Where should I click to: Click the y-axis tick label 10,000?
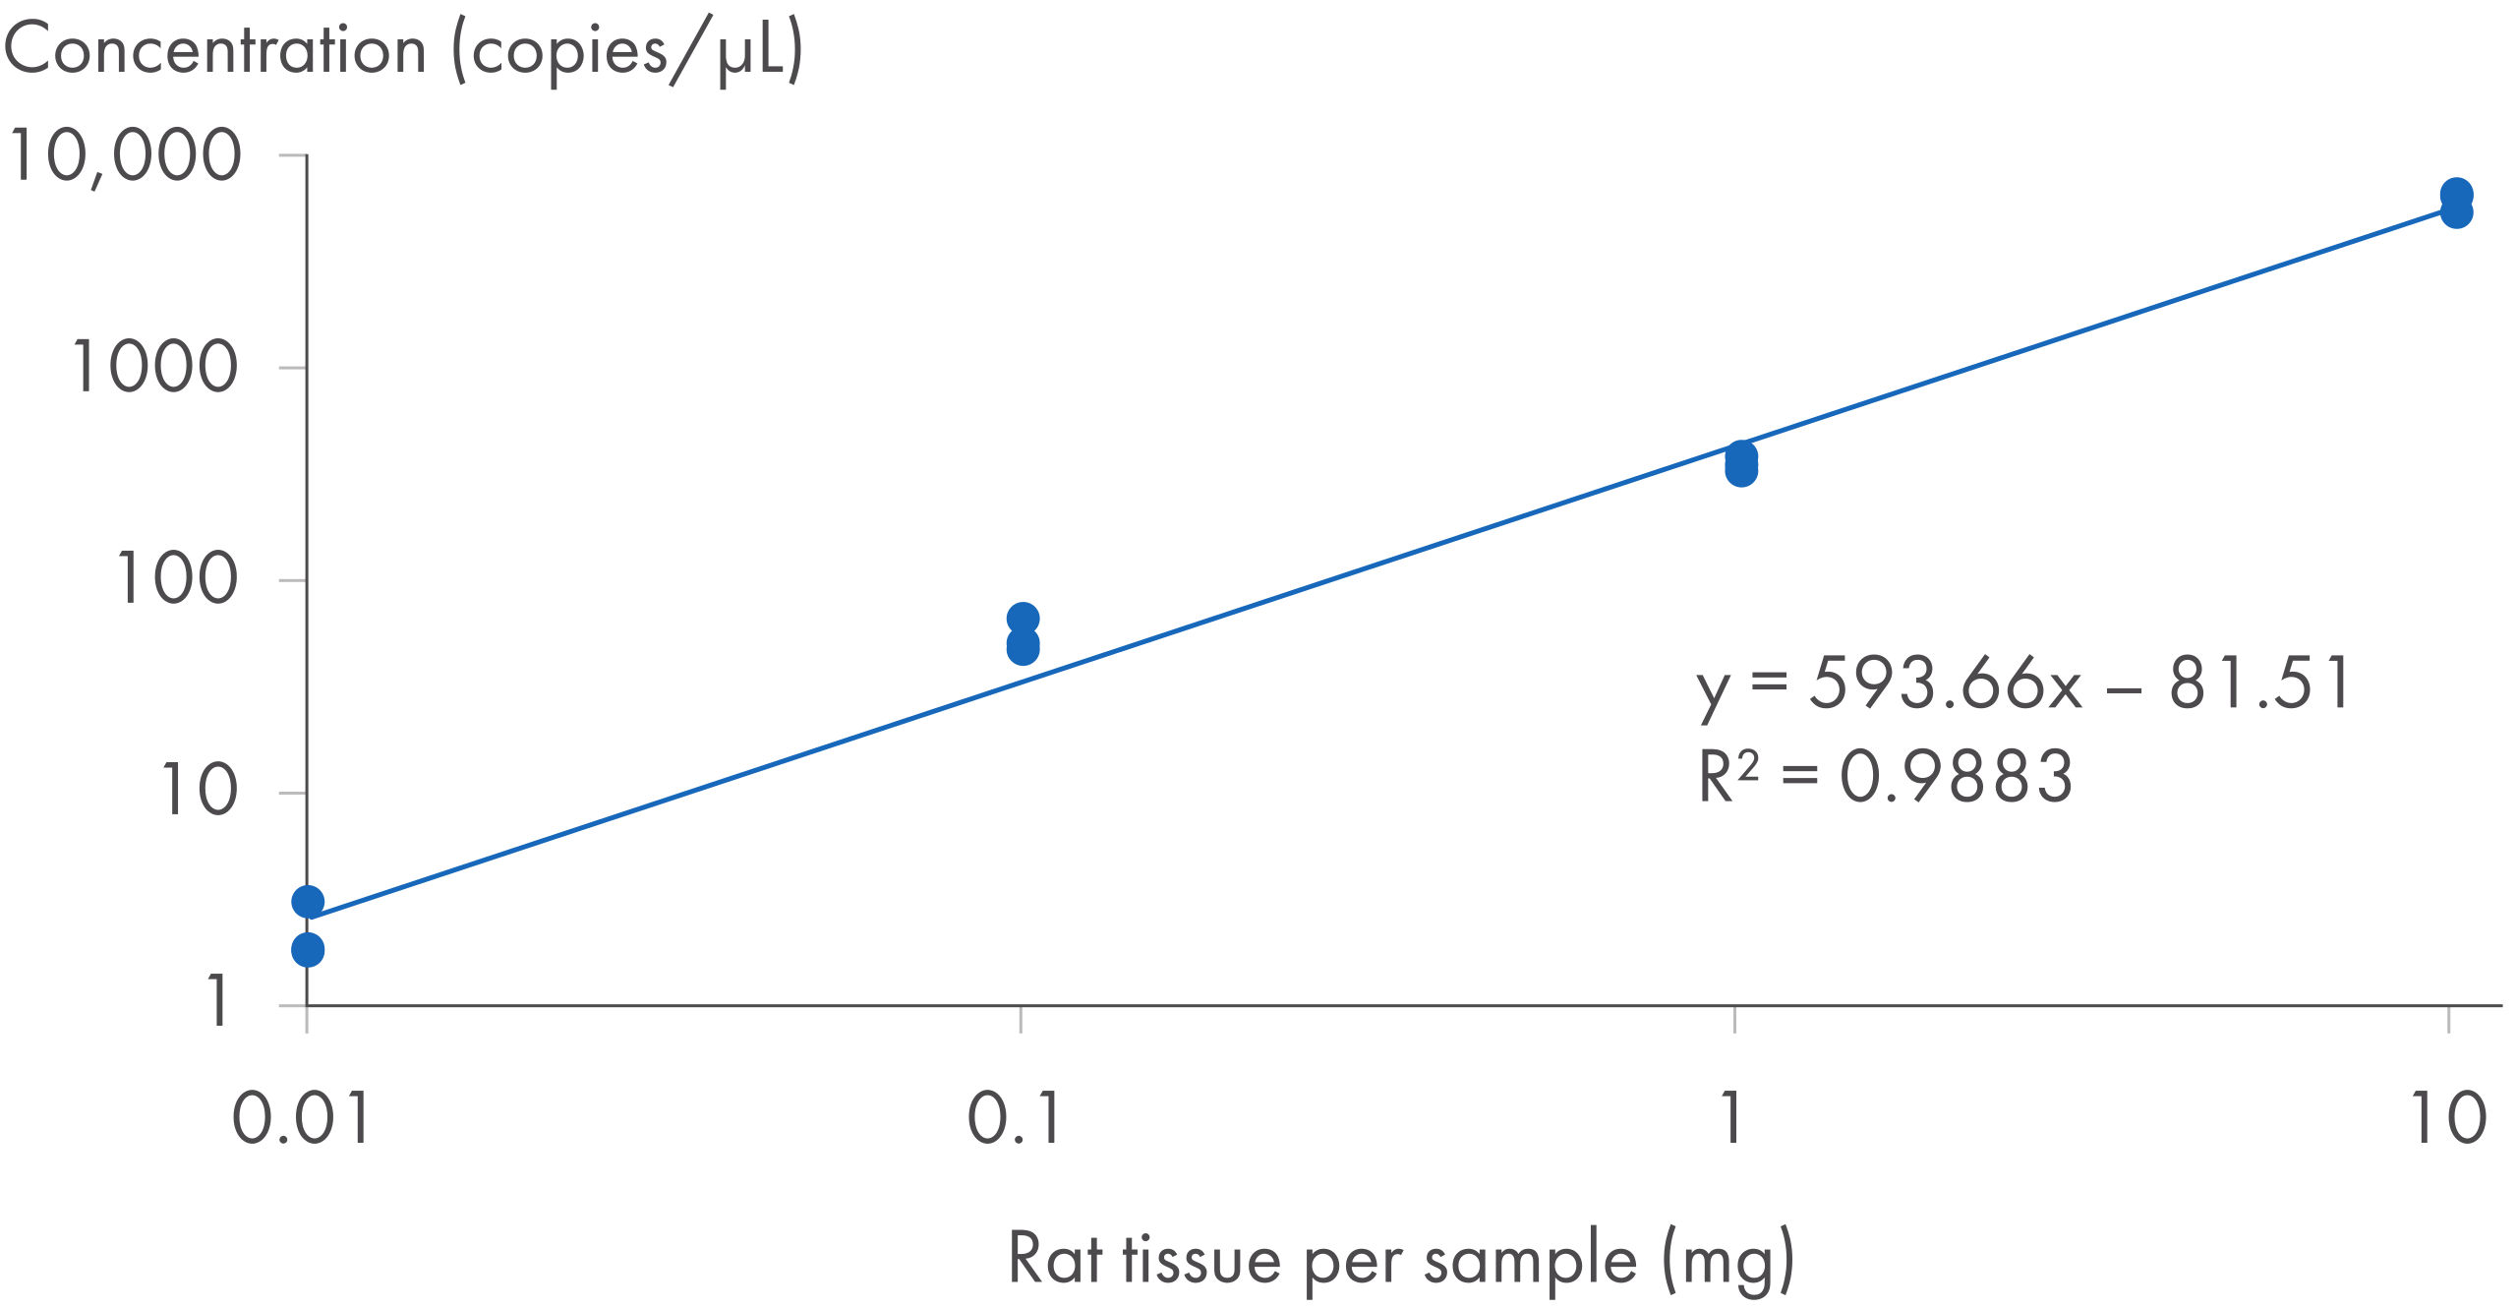[x=125, y=156]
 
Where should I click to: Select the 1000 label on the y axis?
[x=154, y=368]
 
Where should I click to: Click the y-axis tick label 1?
[x=218, y=1001]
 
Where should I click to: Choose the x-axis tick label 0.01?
[x=300, y=1119]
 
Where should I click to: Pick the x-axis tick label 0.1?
[x=1014, y=1119]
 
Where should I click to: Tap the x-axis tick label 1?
[x=1732, y=1119]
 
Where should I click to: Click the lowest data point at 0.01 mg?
[x=308, y=950]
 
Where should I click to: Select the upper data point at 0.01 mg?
[x=308, y=901]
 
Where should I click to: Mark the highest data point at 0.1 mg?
[x=1023, y=619]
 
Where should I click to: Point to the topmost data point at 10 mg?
[x=2456, y=194]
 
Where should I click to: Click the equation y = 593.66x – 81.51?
[x=2023, y=684]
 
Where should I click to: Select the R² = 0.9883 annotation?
[x=1886, y=777]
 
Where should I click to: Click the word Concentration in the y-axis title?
[x=215, y=51]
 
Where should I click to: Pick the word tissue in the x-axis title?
[x=1201, y=1260]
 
